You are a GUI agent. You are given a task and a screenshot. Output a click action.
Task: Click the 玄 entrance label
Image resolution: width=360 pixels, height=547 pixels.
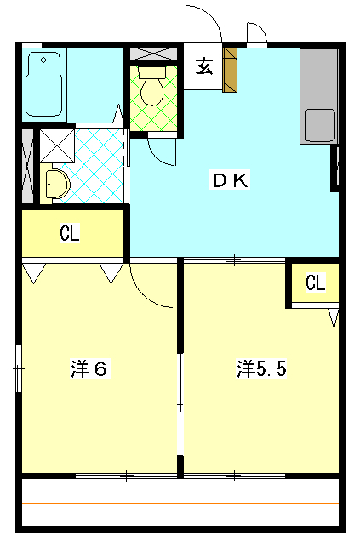(x=204, y=67)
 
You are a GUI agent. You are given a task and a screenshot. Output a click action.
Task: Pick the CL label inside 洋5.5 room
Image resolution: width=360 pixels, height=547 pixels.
(x=315, y=283)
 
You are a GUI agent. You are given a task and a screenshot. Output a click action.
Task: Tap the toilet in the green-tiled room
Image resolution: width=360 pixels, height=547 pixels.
(x=154, y=91)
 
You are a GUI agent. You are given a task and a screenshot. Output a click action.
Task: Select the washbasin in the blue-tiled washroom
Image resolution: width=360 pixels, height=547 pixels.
(x=54, y=183)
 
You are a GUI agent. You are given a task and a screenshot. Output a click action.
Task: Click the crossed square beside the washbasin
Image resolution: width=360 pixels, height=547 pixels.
(x=56, y=144)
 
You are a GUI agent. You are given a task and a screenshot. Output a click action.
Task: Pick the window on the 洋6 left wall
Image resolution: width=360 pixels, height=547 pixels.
(x=18, y=368)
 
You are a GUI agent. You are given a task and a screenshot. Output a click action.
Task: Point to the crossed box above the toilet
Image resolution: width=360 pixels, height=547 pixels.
(x=154, y=53)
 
